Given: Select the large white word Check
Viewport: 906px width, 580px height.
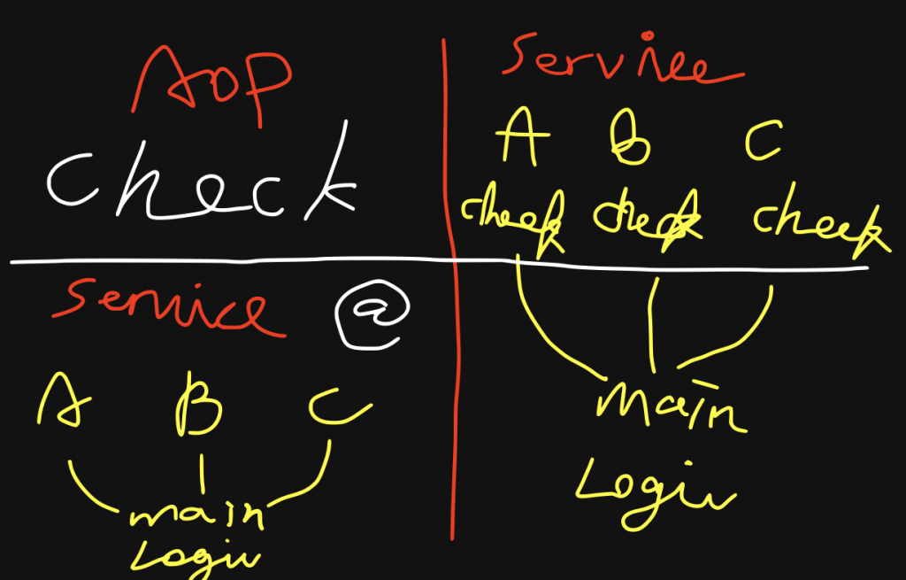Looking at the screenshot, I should pos(202,185).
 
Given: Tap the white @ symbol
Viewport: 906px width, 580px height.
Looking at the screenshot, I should pos(372,316).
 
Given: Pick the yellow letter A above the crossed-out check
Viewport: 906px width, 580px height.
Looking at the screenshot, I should pos(523,138).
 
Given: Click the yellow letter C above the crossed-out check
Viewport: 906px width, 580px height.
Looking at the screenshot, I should pos(763,142).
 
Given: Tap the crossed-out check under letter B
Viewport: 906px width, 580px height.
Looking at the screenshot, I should pos(647,218).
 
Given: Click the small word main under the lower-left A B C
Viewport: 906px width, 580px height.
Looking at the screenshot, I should pos(198,516).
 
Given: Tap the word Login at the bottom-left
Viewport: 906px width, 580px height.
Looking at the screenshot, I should pos(196,554).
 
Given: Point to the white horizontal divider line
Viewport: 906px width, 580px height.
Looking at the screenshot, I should pos(265,262).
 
